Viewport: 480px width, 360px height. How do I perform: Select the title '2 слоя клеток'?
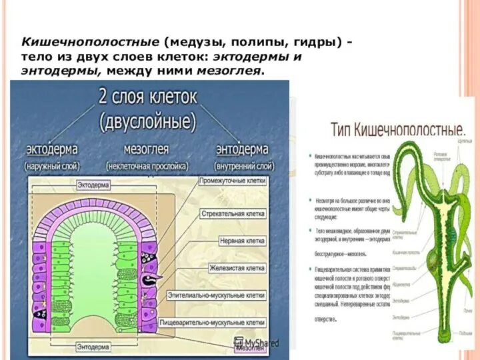(148, 97)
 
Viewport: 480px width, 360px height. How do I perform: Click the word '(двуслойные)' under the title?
(147, 121)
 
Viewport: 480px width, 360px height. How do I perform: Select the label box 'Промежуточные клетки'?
(233, 181)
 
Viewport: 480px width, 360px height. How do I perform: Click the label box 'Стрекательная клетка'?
(233, 214)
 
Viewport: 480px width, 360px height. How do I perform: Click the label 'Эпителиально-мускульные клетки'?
(231, 295)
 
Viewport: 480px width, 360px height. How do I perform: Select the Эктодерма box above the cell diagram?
(93, 184)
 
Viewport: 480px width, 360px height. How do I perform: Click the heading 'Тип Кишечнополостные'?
(398, 129)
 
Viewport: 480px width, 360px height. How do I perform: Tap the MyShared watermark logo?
(257, 343)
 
